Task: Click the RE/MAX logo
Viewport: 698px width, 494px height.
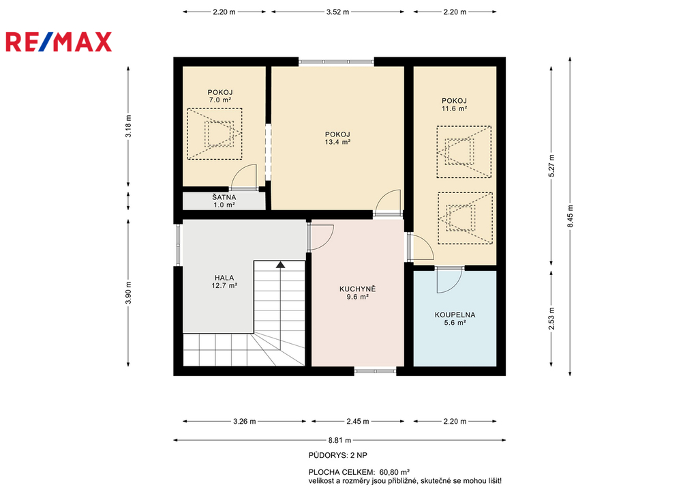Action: [x=59, y=42]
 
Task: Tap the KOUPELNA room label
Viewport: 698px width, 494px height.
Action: [x=455, y=319]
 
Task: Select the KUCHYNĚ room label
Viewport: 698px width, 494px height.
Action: [x=357, y=293]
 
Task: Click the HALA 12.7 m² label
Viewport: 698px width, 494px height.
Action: [x=224, y=282]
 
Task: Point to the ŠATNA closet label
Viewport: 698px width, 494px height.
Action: [x=224, y=201]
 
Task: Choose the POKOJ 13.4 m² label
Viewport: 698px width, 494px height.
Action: [x=337, y=138]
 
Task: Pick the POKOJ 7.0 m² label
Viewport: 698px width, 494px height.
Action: [x=220, y=96]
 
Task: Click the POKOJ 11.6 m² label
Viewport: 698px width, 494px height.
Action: [x=454, y=104]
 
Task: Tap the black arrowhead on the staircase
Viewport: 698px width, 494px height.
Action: [x=280, y=265]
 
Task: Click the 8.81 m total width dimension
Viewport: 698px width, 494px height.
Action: [x=339, y=440]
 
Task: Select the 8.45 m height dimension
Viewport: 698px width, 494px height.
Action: [x=571, y=216]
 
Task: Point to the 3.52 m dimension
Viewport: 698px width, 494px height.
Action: [x=338, y=12]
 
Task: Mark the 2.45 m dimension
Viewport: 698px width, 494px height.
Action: [x=357, y=421]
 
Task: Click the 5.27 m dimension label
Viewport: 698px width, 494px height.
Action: [x=551, y=166]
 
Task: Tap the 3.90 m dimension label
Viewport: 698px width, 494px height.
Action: [x=128, y=293]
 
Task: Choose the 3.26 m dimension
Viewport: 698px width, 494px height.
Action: [x=245, y=421]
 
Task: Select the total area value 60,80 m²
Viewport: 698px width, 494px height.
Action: [x=395, y=472]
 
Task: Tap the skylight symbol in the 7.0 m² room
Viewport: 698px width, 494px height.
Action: [x=215, y=134]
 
